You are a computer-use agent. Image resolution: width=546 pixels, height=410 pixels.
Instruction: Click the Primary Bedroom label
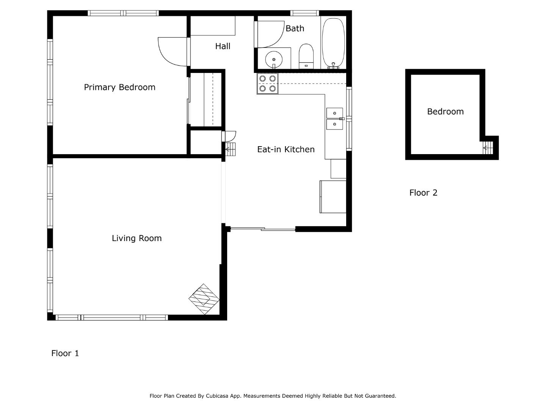point(119,87)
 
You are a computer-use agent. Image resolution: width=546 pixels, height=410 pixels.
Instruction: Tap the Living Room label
point(136,238)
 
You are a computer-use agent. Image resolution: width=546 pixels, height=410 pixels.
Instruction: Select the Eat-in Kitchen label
point(286,150)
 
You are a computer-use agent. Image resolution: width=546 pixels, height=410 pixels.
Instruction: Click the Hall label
point(223,46)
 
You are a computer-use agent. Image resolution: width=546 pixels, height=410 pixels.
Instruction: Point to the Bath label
point(295,28)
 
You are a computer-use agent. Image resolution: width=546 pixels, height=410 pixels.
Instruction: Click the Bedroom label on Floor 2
point(445,112)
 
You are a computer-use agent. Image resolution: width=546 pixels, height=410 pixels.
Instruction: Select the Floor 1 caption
point(65,353)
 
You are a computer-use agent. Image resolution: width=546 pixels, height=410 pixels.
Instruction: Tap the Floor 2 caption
point(423,193)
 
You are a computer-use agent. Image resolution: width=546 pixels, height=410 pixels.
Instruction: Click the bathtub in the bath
point(333,43)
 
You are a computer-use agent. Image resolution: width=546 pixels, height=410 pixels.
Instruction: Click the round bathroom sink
point(274,59)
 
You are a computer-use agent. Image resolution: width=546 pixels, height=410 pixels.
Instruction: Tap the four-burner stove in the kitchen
point(267,84)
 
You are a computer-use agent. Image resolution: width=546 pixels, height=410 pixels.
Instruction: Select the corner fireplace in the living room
point(204,299)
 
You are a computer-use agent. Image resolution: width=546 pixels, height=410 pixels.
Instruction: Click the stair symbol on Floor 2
point(488,148)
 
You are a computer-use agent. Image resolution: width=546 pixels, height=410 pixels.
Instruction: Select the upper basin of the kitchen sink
point(334,113)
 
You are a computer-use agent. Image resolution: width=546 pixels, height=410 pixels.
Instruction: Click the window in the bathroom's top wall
point(304,13)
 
